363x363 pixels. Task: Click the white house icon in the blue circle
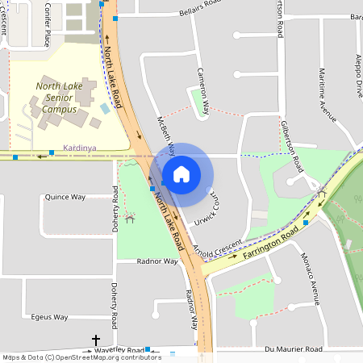point(181,174)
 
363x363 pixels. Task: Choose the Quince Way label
point(65,197)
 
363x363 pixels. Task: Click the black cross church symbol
point(96,341)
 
